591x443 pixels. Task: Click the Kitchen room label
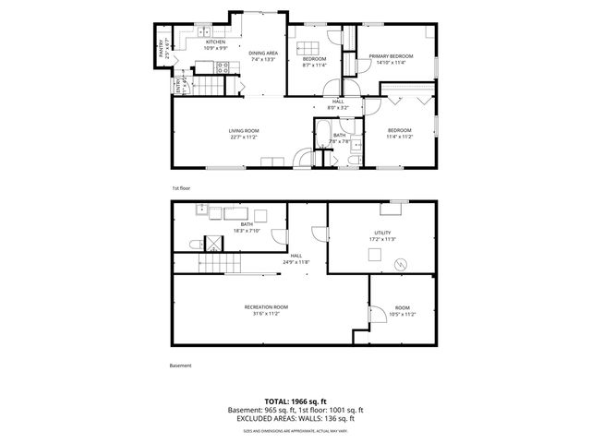(215, 42)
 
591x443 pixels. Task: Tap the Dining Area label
(263, 56)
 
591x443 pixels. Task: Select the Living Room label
(244, 134)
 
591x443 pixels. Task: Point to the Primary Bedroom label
(391, 59)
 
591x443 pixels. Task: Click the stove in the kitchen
(222, 66)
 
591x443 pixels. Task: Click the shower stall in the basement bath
(212, 245)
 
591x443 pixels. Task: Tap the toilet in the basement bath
(193, 243)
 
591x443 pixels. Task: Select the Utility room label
(382, 235)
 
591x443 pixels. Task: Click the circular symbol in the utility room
(400, 265)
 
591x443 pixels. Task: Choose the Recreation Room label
(266, 309)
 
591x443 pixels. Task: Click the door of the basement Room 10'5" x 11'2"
(376, 316)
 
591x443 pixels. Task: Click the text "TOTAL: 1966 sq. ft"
(295, 401)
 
